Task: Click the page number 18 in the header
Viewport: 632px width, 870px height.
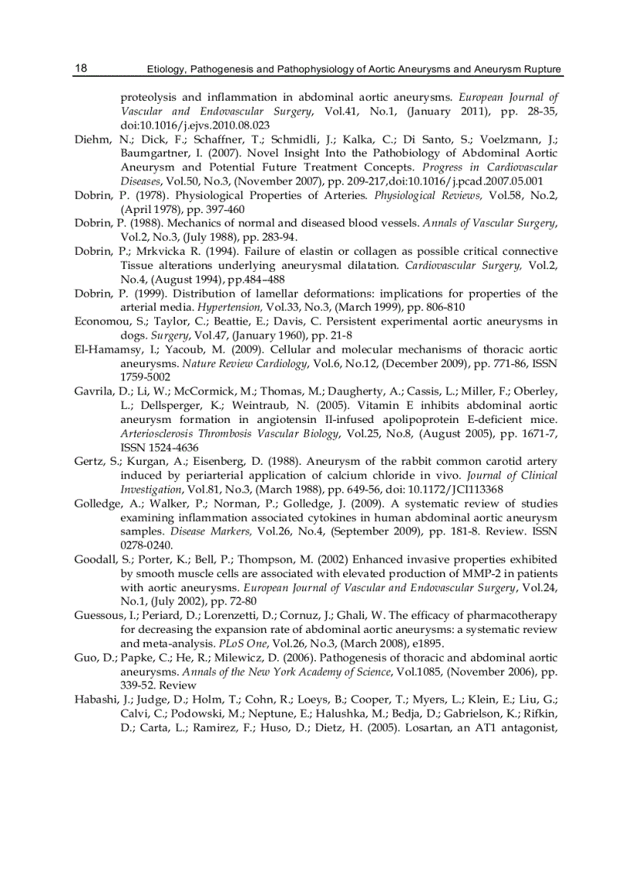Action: [x=81, y=69]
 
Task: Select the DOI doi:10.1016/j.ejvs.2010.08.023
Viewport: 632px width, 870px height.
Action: [x=195, y=125]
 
